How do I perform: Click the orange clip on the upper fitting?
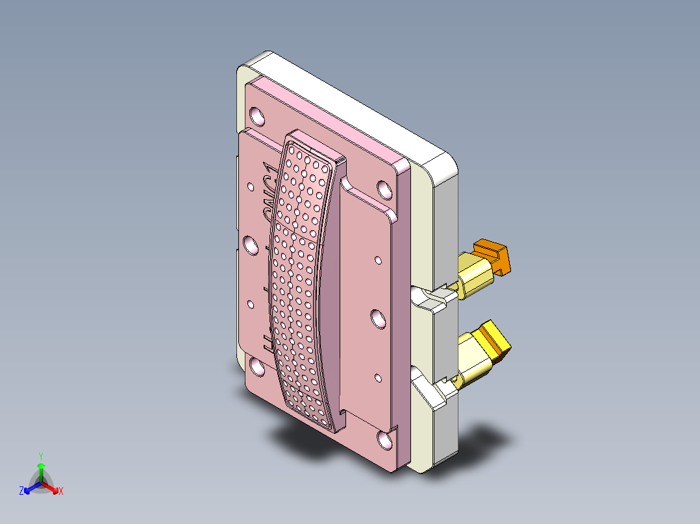pos(495,255)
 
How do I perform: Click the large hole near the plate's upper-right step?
pos(384,189)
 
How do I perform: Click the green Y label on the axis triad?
pos(40,456)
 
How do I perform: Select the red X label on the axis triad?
pos(61,492)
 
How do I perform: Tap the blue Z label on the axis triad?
pos(21,492)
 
